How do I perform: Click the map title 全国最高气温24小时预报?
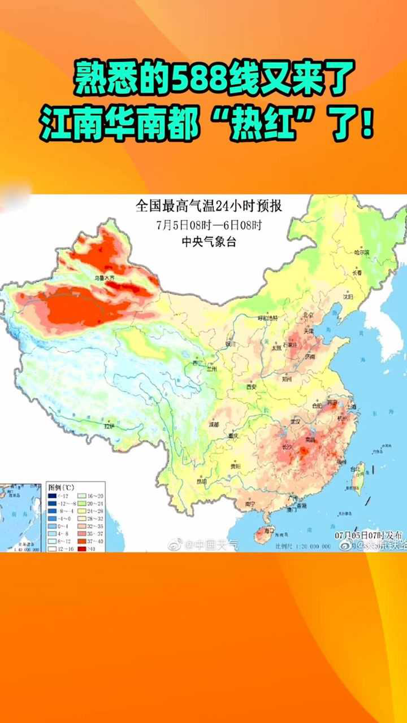click(x=209, y=206)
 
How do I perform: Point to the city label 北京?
click(x=308, y=315)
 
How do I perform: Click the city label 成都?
click(x=213, y=424)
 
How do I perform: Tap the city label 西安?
click(x=252, y=387)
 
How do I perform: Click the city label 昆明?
click(x=201, y=481)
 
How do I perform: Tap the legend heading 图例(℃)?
click(x=59, y=486)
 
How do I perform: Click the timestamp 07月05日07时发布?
click(x=369, y=534)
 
